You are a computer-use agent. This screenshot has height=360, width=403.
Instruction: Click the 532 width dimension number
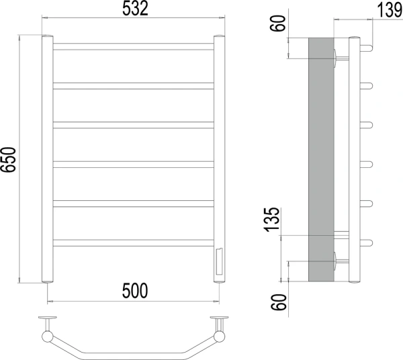pos(135,8)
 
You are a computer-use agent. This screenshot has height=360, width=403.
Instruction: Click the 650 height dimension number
pos(8,160)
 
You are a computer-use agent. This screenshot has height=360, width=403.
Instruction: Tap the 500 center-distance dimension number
pos(135,291)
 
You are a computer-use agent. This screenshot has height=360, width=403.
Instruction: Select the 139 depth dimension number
pos(390,10)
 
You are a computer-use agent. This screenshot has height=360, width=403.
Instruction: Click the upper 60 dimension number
pos(278,23)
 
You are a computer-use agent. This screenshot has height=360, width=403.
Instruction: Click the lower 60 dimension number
pos(279,302)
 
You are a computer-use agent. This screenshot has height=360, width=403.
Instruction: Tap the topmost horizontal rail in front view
pos(134,46)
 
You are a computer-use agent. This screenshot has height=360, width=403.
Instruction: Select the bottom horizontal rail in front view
pos(134,243)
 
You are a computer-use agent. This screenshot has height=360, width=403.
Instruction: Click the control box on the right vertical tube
pos(220,261)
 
